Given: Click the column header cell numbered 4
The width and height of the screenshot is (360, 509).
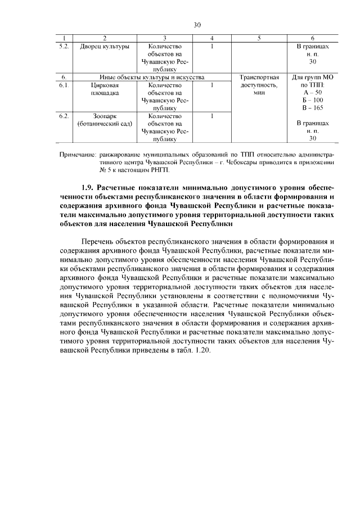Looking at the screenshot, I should coord(211,38).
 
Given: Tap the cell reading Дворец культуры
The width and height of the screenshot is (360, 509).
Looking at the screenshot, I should coord(105,46).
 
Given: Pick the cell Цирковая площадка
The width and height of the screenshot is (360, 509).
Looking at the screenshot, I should coord(105,89).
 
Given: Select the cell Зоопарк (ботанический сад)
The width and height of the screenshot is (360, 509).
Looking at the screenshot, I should coord(105,120).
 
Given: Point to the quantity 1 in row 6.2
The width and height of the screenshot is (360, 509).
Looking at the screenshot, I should coord(211,116).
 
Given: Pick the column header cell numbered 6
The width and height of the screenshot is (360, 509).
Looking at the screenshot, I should coord(313,38).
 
